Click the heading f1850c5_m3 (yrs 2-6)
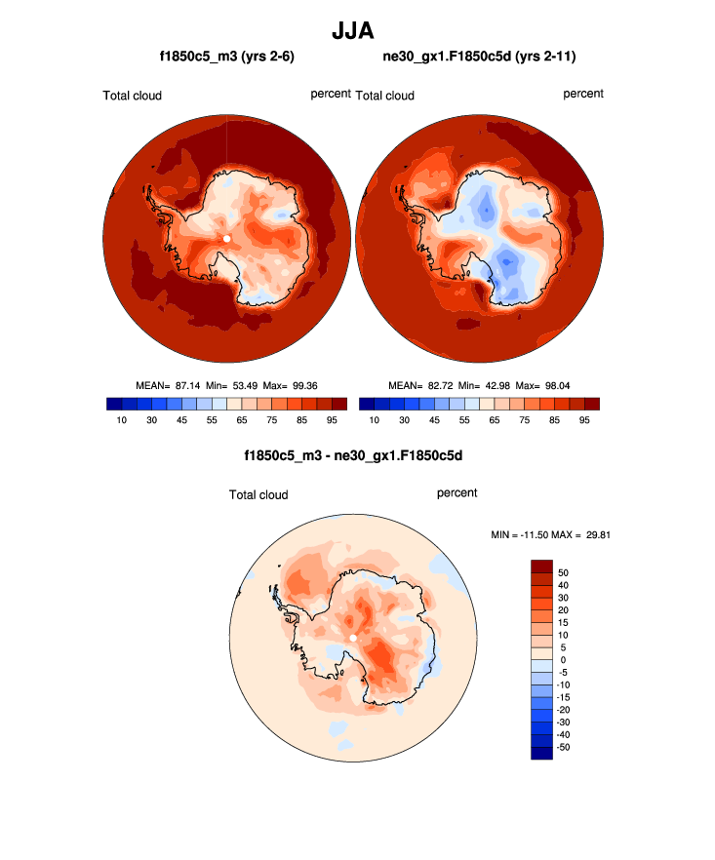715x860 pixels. click(226, 58)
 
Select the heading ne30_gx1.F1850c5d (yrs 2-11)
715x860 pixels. click(479, 58)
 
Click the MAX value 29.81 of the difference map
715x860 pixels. click(594, 534)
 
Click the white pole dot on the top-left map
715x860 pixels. click(226, 238)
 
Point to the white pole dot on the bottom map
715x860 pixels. click(352, 639)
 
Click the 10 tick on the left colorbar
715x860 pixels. click(122, 419)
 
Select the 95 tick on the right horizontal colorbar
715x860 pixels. click(584, 419)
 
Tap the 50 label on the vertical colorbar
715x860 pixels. click(563, 572)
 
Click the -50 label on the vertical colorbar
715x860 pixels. click(563, 747)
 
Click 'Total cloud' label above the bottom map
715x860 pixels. click(258, 494)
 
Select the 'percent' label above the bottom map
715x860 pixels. click(457, 492)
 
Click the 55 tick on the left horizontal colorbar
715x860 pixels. click(212, 419)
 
